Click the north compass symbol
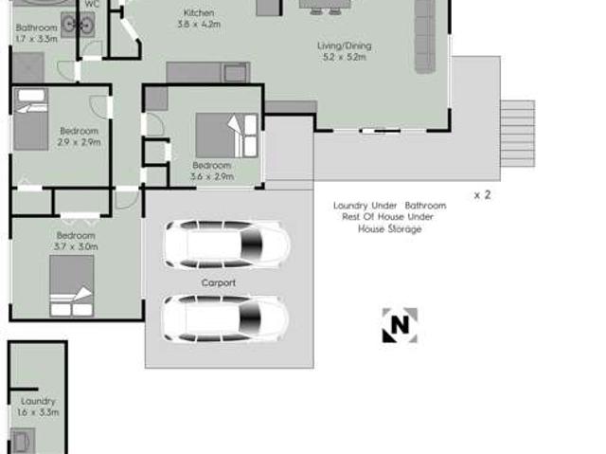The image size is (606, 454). [399, 325]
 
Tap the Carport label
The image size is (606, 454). [218, 282]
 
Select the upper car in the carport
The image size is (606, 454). [226, 245]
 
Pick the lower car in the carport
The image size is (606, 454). [224, 318]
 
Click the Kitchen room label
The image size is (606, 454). [198, 13]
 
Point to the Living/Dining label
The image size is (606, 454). [344, 45]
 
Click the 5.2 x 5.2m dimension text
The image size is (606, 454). [344, 58]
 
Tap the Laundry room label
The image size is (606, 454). [38, 401]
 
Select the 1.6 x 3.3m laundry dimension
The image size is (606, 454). [38, 412]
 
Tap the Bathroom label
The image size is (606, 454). [36, 28]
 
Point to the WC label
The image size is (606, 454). [92, 4]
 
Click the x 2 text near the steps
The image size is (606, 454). [482, 195]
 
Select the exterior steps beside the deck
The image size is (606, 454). [517, 133]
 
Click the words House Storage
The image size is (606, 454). [389, 228]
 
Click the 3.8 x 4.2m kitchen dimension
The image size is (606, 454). [198, 25]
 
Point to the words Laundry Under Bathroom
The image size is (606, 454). [388, 205]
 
